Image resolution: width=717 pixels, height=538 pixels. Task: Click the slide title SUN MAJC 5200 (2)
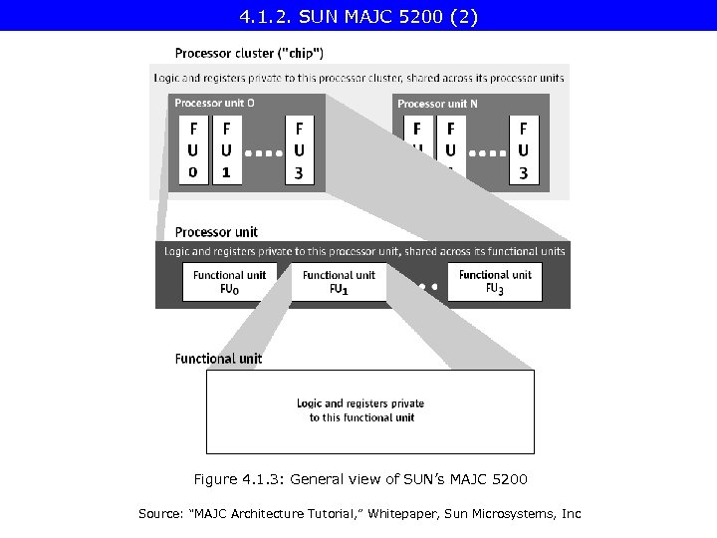coord(358,16)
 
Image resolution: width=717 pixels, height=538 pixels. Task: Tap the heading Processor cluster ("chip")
coord(249,53)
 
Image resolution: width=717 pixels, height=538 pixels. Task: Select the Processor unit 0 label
coord(214,103)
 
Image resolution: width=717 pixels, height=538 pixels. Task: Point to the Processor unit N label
coord(437,104)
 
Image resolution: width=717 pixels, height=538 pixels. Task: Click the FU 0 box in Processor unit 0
coord(192,150)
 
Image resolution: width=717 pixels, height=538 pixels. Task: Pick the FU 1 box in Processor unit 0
coord(227,150)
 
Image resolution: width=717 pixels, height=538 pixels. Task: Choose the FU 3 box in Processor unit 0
coord(299,150)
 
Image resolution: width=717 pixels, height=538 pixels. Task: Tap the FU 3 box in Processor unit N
coord(524,150)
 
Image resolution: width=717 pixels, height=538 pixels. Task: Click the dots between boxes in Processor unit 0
coord(263,154)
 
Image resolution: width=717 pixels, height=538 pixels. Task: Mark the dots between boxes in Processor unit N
coord(487,154)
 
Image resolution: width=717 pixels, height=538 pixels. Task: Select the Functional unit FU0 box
coord(230,282)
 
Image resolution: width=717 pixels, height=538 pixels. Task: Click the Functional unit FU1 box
coord(339,282)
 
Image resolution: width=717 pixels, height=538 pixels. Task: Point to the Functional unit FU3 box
coord(495,281)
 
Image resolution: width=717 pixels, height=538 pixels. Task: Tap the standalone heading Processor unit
coord(216,232)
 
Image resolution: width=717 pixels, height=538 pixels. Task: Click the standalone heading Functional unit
coord(219,359)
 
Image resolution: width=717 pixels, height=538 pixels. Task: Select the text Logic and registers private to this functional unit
coord(360,410)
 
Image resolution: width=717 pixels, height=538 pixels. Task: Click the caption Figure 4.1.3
coord(360,479)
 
